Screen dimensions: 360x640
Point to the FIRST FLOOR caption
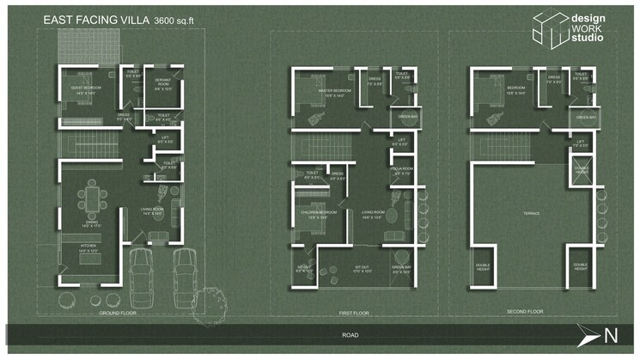click(x=354, y=313)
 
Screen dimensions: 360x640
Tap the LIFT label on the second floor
click(x=581, y=143)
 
